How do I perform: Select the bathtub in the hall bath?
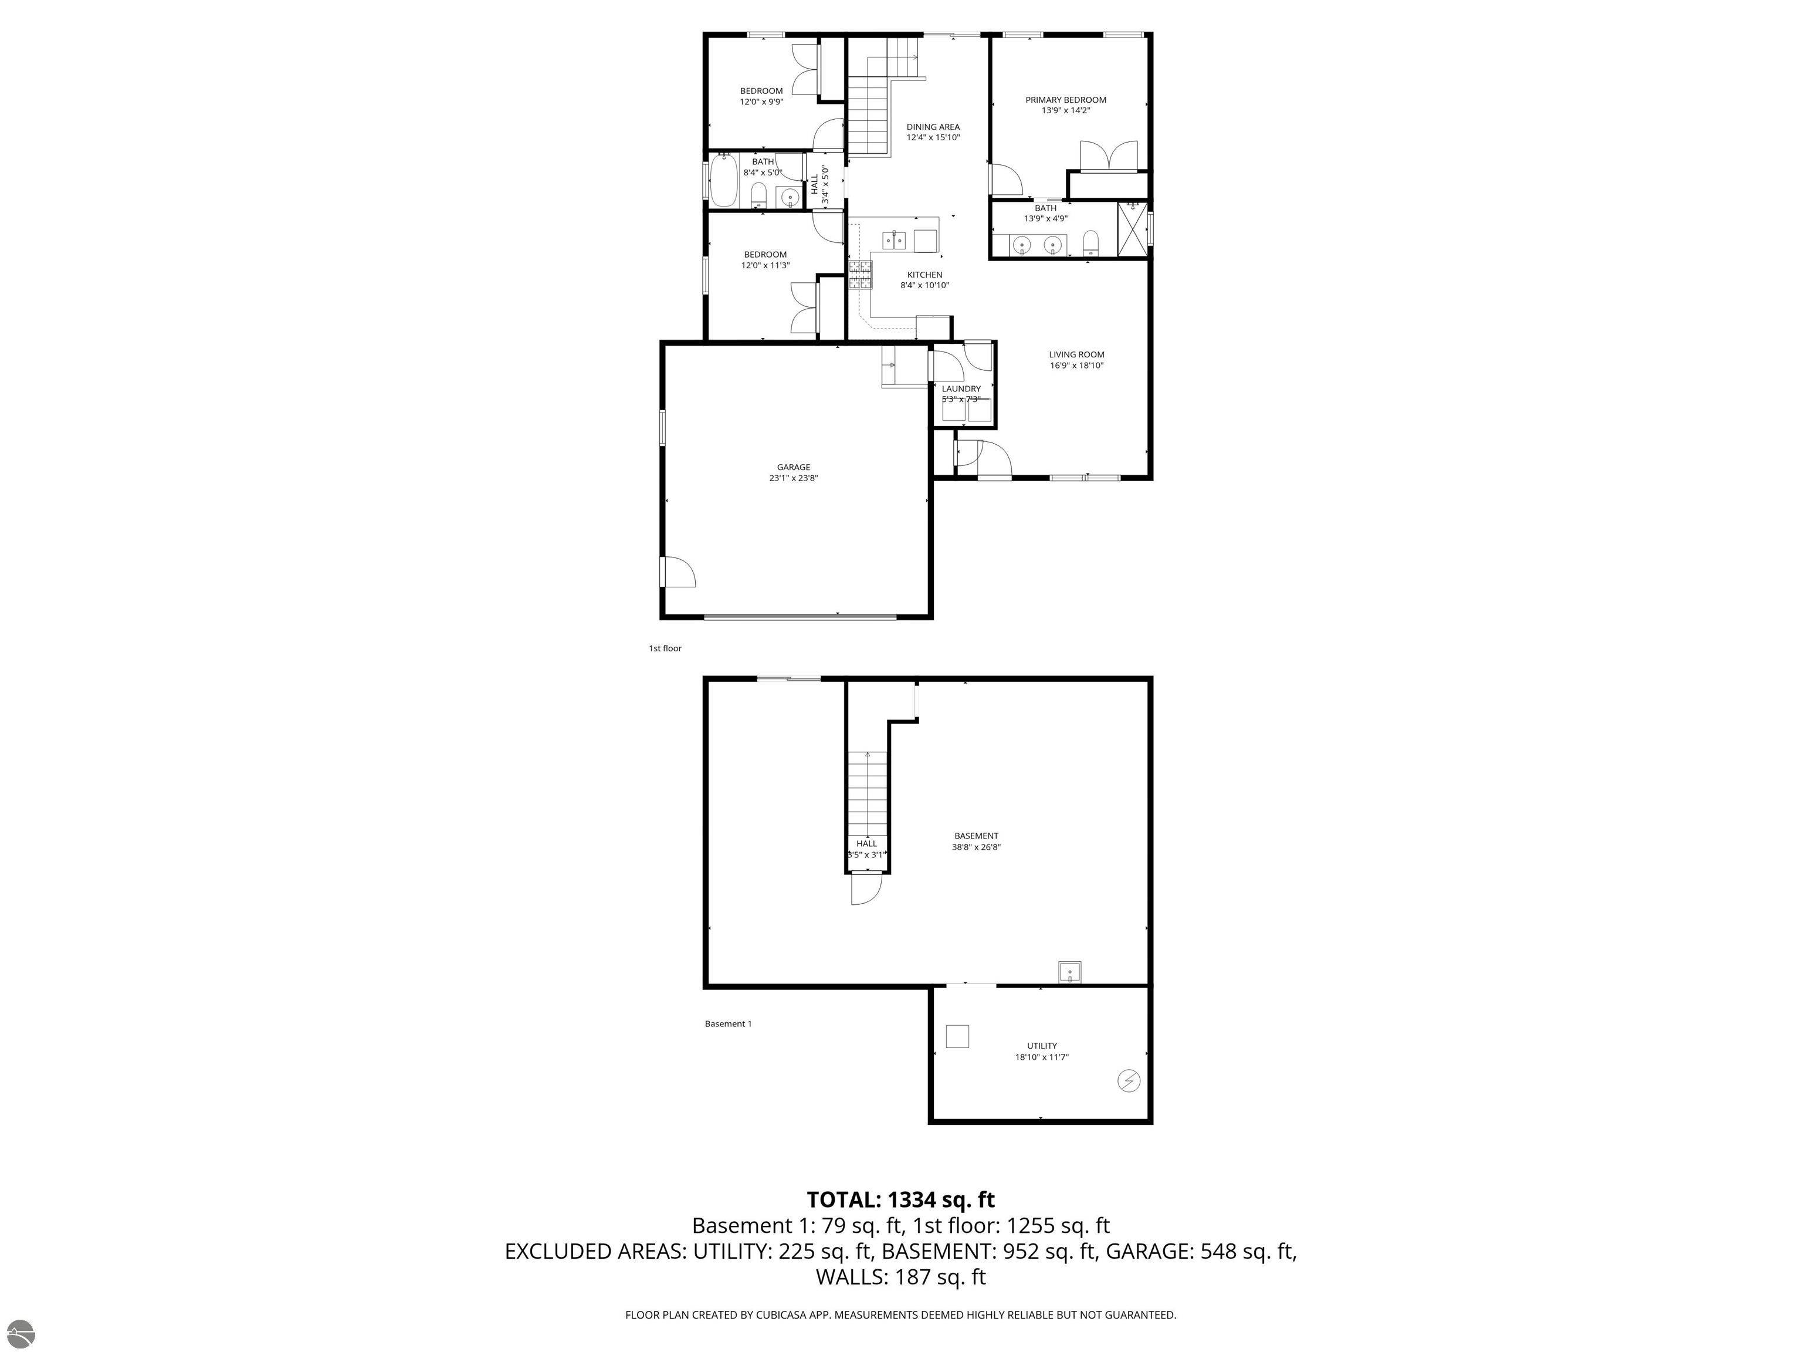pos(723,180)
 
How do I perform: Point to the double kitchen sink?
pos(895,239)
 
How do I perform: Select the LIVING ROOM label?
pos(1076,354)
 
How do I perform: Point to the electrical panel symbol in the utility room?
pos(1127,1081)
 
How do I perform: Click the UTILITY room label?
pos(1041,1046)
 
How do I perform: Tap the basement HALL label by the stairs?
pos(866,843)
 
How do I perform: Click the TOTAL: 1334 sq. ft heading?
pos(900,1199)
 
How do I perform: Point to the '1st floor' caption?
pos(665,648)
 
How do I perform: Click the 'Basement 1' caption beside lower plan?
pos(727,1023)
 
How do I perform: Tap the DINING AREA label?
pos(933,127)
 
